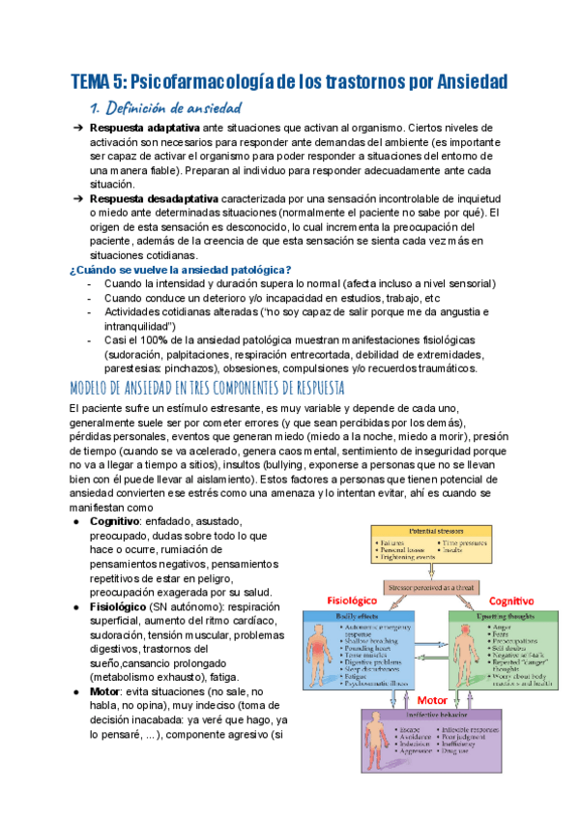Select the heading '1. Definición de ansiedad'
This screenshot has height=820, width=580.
pyautogui.click(x=163, y=107)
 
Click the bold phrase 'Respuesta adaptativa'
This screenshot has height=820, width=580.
pyautogui.click(x=144, y=128)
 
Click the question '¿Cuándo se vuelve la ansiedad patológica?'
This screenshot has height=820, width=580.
pyautogui.click(x=181, y=269)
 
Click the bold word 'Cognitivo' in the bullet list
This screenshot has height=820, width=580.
pyautogui.click(x=114, y=521)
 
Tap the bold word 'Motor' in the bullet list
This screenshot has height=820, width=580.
pyautogui.click(x=104, y=692)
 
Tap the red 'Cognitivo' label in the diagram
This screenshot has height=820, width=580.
pyautogui.click(x=512, y=600)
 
